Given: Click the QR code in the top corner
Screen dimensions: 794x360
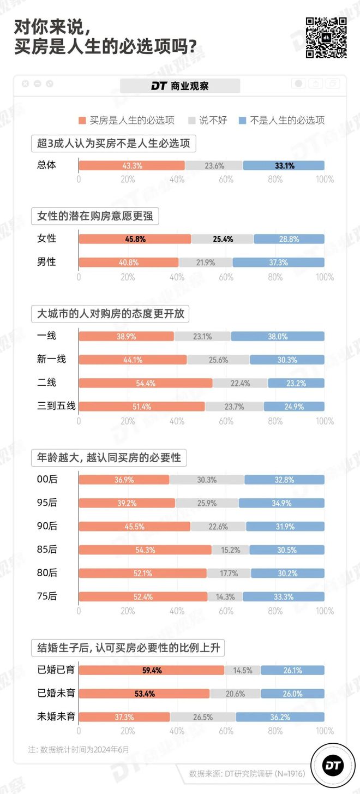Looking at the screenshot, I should tap(326, 37).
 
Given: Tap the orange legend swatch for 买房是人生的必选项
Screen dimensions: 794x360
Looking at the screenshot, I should tap(82, 120).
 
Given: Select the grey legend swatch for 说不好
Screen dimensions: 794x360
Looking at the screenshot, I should tap(191, 120).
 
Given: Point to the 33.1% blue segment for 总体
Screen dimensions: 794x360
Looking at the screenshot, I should tap(284, 165).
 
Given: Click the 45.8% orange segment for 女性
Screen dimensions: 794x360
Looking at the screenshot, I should tap(135, 238).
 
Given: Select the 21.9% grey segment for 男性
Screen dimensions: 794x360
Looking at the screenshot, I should tap(206, 262).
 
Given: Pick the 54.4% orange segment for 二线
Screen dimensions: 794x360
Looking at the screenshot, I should tap(146, 383).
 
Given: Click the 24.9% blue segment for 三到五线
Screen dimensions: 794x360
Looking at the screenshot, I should tap(294, 406).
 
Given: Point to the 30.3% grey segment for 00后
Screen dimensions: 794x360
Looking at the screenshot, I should tap(207, 480).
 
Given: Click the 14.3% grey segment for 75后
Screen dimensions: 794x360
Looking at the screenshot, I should tap(225, 596).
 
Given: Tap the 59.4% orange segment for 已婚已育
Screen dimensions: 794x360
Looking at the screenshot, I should tap(152, 670).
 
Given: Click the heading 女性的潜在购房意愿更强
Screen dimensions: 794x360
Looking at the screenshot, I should tap(95, 216).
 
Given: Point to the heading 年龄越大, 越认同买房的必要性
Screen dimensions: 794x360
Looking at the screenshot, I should tap(109, 457).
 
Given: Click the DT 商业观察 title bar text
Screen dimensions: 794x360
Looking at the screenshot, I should tap(180, 86).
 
